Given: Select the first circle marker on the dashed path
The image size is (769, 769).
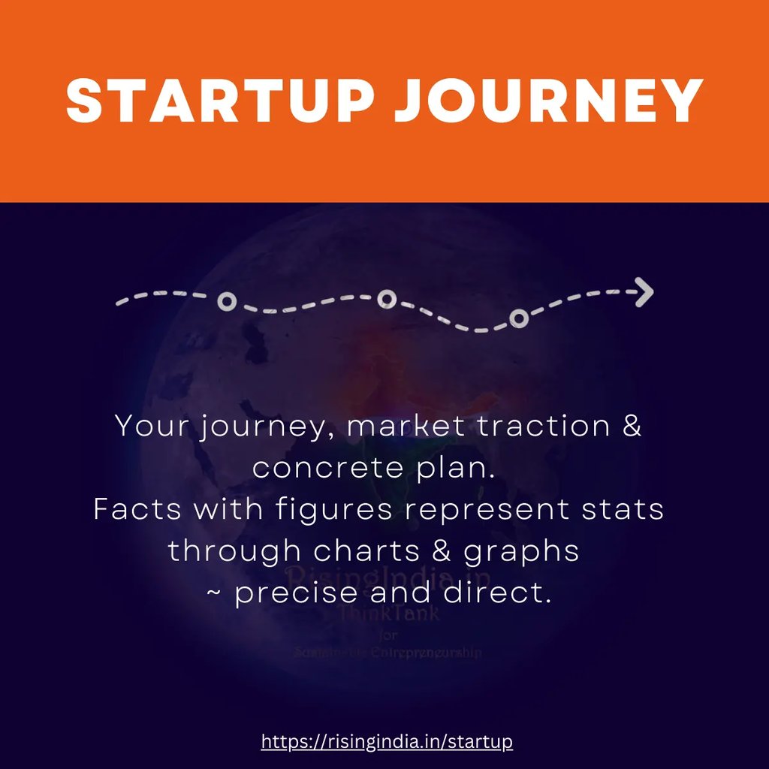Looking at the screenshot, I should tap(227, 302).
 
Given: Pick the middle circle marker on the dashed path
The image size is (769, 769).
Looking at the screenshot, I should tap(386, 300).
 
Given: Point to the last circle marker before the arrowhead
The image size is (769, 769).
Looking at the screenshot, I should tap(518, 318).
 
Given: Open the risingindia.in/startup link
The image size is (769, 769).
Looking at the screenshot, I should tap(387, 742).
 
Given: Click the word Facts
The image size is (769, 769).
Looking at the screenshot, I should tap(137, 509).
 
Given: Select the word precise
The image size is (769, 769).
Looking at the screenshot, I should tap(296, 593).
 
